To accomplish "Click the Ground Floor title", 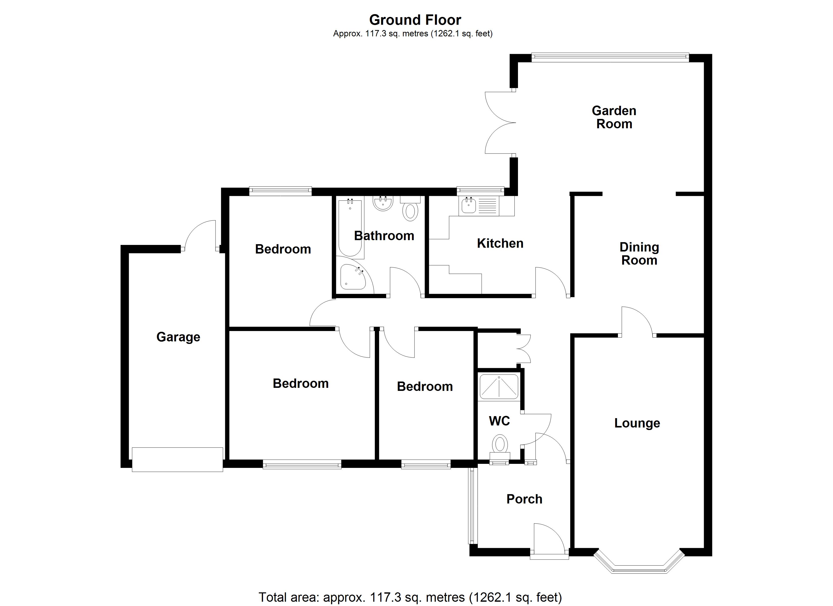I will pyautogui.click(x=415, y=20).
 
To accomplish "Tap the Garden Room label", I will pyautogui.click(x=614, y=117).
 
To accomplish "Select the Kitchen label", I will pyautogui.click(x=500, y=243).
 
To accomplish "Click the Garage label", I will pyautogui.click(x=178, y=337).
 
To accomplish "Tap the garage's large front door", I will pyautogui.click(x=177, y=459).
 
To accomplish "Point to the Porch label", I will pyautogui.click(x=524, y=499).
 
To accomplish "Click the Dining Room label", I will pyautogui.click(x=639, y=254).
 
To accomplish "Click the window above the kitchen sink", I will pyautogui.click(x=480, y=190).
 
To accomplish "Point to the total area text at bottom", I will pyautogui.click(x=410, y=597).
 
